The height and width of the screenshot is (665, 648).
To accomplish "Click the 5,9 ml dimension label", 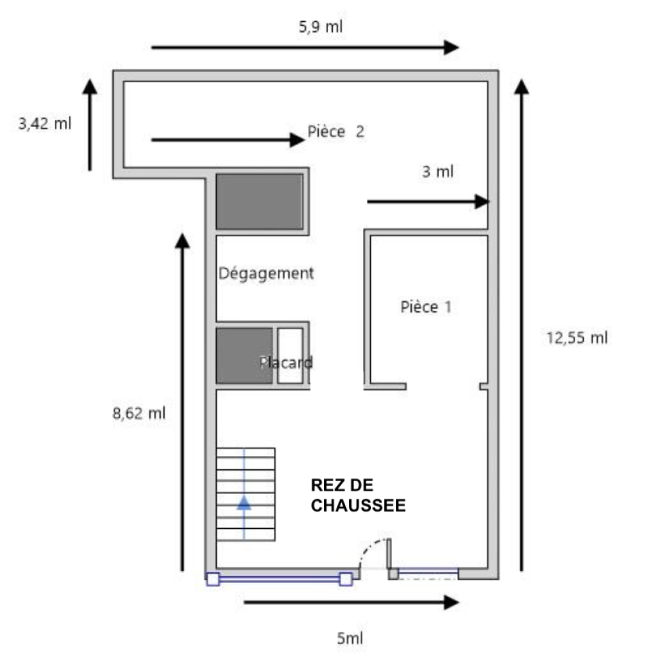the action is click(321, 27).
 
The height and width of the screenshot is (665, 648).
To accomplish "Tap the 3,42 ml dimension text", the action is click(44, 124).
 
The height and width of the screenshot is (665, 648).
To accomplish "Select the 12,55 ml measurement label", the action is click(577, 338).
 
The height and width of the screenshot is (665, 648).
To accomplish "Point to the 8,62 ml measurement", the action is click(139, 413).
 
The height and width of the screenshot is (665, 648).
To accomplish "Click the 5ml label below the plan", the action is click(350, 638).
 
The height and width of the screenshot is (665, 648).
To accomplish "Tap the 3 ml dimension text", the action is click(438, 172).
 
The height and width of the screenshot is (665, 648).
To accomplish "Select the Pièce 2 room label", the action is click(336, 132).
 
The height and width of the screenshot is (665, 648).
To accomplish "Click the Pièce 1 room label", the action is click(426, 307).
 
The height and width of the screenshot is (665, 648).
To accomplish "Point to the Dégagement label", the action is click(266, 274).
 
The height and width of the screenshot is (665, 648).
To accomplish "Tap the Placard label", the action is click(286, 363).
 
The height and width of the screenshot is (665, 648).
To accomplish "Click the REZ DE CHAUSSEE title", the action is click(358, 495).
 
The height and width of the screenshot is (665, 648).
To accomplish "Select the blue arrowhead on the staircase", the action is click(243, 503).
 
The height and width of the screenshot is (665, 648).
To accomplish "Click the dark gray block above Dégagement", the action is click(260, 202).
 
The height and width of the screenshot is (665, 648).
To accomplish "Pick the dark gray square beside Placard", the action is click(245, 356).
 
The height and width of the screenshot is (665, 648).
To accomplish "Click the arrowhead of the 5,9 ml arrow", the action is click(452, 48).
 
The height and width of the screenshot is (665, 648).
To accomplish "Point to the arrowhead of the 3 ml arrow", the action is click(482, 202).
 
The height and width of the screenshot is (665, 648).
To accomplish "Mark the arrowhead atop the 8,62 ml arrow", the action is click(182, 241).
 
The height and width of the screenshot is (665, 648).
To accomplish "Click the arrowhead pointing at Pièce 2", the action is click(297, 140).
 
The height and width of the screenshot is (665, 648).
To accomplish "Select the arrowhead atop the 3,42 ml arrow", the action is click(89, 86).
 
